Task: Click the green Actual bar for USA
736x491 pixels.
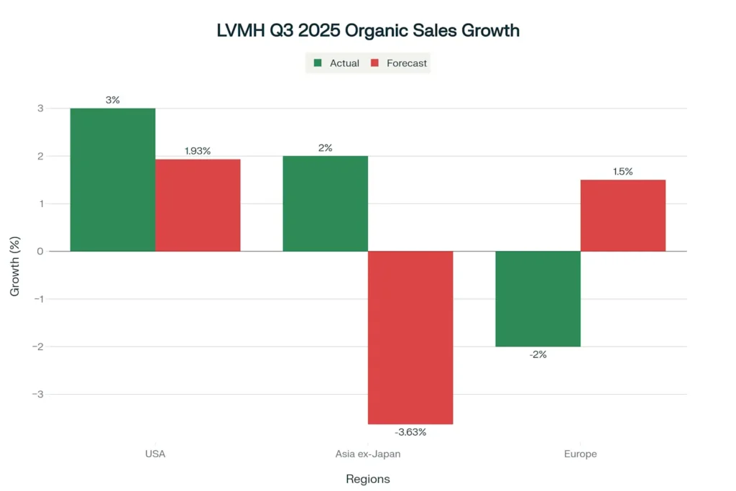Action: [x=113, y=180]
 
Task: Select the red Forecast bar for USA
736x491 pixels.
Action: [x=198, y=206]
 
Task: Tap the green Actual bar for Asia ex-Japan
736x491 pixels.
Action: [x=325, y=203]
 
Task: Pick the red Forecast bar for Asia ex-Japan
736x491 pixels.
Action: [x=410, y=337]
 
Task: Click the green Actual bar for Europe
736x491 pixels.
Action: [x=538, y=298]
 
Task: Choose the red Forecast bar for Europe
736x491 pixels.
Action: [x=622, y=216]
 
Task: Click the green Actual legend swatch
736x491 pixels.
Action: [x=318, y=63]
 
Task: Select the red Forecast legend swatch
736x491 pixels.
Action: [x=374, y=63]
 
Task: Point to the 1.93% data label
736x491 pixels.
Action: [x=198, y=151]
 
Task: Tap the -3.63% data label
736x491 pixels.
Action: [x=410, y=432]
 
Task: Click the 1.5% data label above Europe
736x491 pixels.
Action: [x=622, y=171]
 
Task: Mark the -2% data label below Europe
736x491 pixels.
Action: [x=538, y=354]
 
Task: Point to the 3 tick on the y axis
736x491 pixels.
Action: [x=40, y=109]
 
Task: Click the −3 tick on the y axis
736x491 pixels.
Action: [x=38, y=394]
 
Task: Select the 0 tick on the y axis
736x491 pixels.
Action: [x=40, y=251]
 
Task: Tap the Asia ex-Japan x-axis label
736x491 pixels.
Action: [x=367, y=454]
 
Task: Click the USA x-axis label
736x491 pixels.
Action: [x=155, y=454]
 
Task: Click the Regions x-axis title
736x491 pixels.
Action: [x=367, y=479]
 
